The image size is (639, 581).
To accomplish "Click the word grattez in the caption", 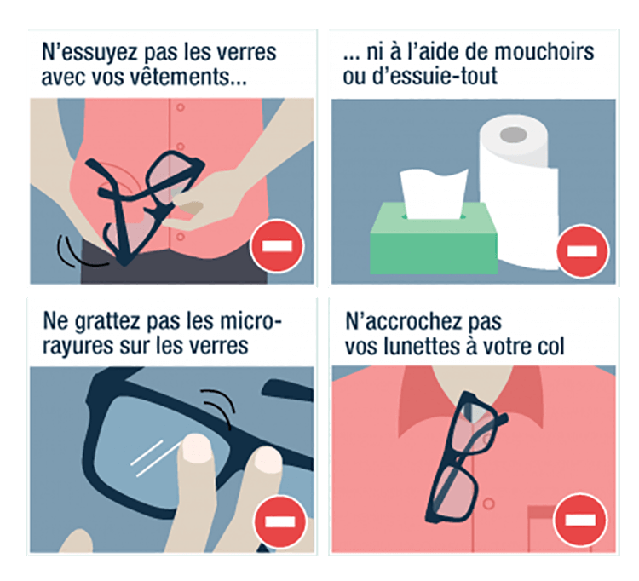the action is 107,322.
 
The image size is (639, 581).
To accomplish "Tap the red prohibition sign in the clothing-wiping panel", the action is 277,245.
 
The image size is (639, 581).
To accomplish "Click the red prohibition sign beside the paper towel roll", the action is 583,251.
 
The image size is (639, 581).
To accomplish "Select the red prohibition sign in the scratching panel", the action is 280,521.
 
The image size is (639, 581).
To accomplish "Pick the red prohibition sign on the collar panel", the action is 580,521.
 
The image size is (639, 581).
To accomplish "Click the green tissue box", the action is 434,240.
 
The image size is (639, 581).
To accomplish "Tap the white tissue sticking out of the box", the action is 434,193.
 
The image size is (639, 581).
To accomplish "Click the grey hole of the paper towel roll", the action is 513,133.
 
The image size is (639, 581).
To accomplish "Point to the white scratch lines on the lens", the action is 153,458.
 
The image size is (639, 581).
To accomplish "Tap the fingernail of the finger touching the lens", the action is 197,447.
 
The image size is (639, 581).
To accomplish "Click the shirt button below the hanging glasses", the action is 489,504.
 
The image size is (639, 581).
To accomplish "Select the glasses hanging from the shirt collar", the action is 467,457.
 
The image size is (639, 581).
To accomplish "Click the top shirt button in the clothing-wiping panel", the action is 180,107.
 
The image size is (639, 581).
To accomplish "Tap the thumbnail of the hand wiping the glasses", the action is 191,209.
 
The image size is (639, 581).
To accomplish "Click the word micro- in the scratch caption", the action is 250,321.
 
